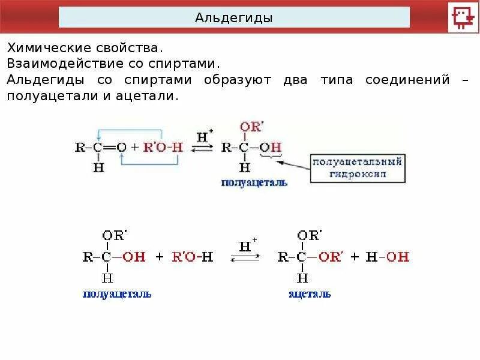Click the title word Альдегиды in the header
click(233, 18)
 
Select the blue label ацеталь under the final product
click(310, 294)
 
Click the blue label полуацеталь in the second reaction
click(117, 294)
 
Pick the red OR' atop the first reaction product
click(251, 127)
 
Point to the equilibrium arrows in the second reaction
click(245, 257)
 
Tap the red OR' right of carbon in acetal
click(329, 257)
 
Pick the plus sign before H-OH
click(355, 257)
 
